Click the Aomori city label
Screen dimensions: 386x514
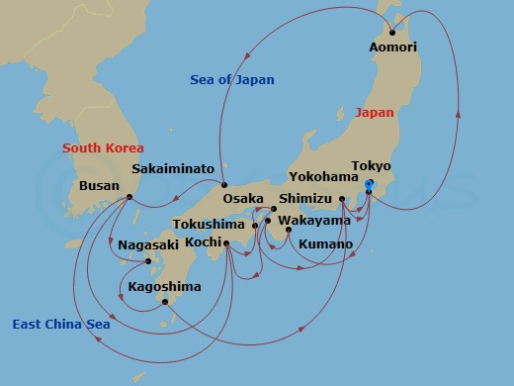tap(392, 47)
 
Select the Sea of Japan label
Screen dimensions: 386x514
tap(232, 79)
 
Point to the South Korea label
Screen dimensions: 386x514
tap(102, 148)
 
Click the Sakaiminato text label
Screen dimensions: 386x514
tap(173, 169)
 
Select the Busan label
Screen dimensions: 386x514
tap(100, 185)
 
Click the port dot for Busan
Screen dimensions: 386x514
tap(130, 197)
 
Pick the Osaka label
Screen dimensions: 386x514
tap(243, 198)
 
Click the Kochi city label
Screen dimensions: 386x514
tap(198, 241)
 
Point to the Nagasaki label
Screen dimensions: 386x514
tap(147, 244)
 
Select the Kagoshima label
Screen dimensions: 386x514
tap(165, 287)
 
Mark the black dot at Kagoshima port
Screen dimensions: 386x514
tap(165, 303)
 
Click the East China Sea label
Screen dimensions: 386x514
tap(61, 324)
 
